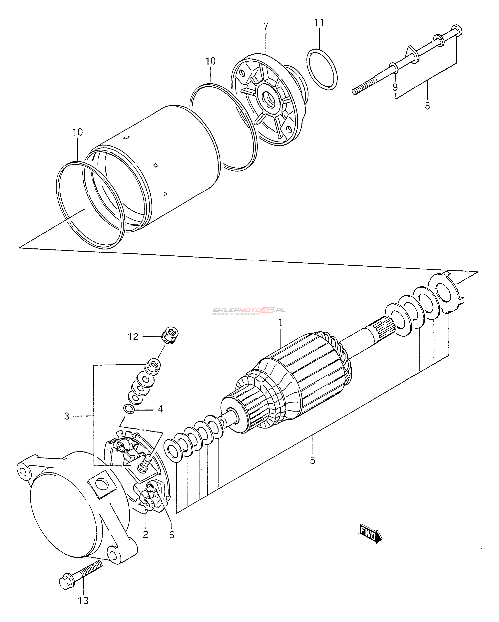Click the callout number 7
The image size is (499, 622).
265,27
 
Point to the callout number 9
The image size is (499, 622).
395,87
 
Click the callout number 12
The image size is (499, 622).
133,337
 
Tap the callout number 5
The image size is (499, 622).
312,461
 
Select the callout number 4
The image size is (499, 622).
161,409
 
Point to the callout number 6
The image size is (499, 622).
172,535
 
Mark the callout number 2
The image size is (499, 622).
146,534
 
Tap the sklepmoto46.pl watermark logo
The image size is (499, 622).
249,311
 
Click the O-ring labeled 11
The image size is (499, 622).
322,70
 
